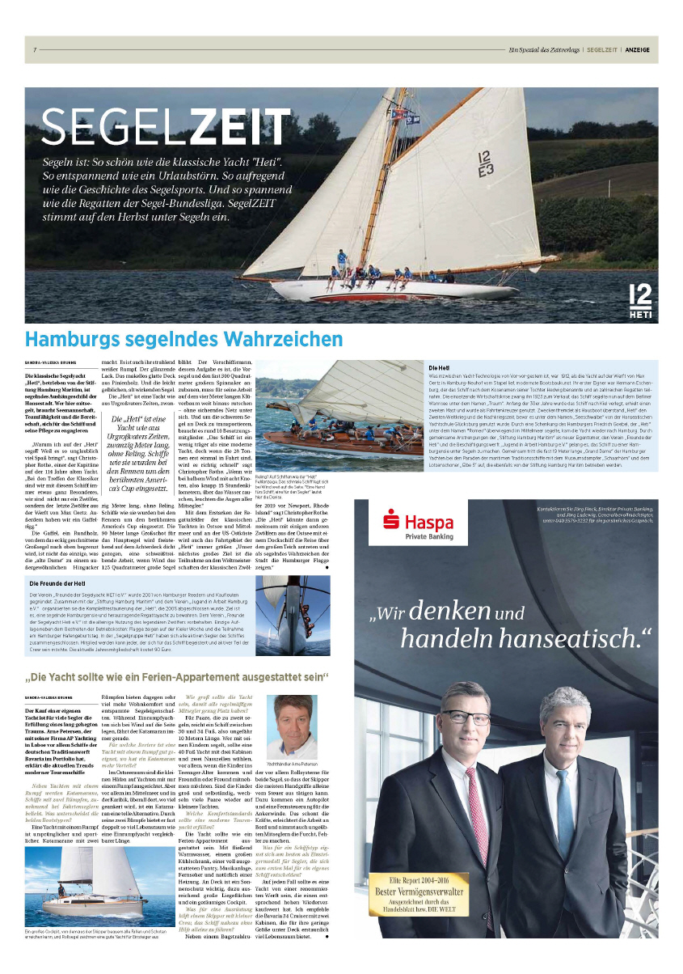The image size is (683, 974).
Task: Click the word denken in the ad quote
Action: tap(455, 616)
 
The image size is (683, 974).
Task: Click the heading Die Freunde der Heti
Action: tap(68, 582)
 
